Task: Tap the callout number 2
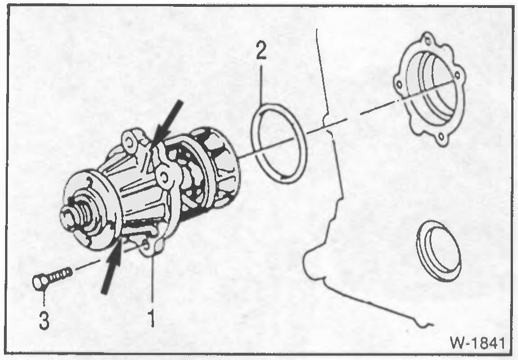261,50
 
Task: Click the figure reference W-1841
477,343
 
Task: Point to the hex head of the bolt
39,282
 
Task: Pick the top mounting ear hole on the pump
129,142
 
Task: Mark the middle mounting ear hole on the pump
163,178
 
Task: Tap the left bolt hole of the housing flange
399,85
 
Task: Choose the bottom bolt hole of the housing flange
440,137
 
